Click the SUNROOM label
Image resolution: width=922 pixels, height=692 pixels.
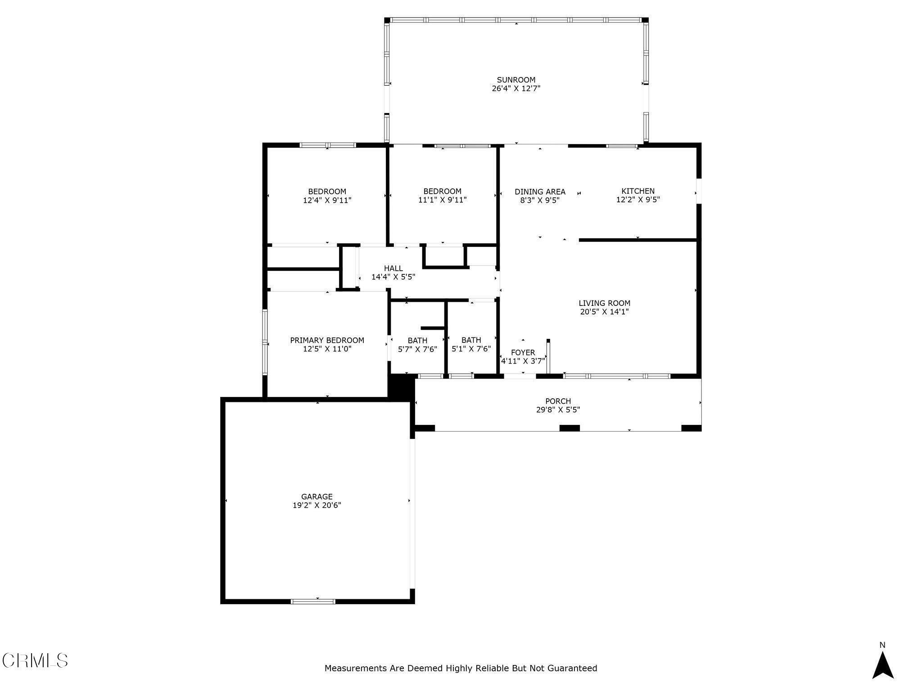coord(516,80)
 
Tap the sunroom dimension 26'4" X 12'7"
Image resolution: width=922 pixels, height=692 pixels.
coord(516,89)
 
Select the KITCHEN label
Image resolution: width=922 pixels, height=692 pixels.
coord(638,191)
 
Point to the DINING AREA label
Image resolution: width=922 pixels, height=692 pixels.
coord(540,191)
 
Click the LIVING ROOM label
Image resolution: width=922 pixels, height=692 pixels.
coord(604,303)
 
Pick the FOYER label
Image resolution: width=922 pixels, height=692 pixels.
coord(523,352)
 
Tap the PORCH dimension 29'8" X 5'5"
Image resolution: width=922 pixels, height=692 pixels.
coord(558,410)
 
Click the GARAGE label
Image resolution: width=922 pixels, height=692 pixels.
coord(317,497)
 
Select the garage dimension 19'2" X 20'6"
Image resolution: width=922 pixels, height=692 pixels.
coord(317,505)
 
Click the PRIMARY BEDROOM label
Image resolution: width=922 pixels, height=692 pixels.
coord(327,340)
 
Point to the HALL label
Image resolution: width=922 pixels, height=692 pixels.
coord(393,269)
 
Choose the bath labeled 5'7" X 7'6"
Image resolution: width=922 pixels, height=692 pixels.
coord(417,345)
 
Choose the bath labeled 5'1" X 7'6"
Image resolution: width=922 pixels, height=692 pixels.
coord(471,344)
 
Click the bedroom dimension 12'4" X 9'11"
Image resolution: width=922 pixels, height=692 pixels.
coord(327,200)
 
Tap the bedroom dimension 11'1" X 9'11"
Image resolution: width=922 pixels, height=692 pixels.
coord(442,200)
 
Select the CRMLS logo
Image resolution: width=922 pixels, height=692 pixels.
coord(35,660)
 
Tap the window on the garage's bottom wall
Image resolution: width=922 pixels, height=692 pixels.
coord(313,601)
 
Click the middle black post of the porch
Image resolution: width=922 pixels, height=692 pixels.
coord(569,428)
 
